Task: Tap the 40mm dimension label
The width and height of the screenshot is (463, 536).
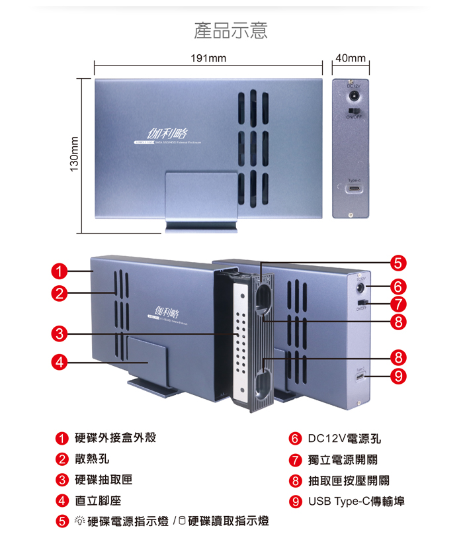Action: [350, 59]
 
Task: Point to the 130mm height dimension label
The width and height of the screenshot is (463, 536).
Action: [74, 156]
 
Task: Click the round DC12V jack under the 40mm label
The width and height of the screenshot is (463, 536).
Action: [353, 95]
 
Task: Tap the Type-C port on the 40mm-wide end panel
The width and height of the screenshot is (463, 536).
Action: [353, 189]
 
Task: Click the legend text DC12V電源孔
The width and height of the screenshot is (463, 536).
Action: [345, 439]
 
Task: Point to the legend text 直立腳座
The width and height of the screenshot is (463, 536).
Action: [98, 501]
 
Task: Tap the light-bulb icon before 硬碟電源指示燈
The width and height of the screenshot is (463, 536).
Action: [79, 521]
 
